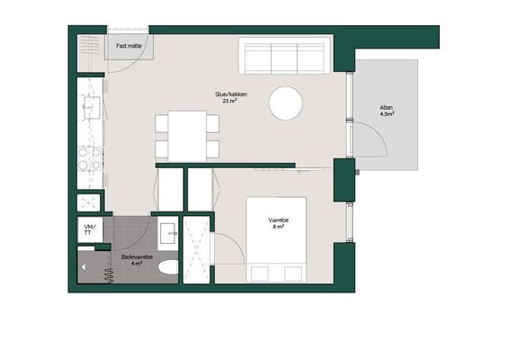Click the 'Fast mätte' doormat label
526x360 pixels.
click(x=129, y=46)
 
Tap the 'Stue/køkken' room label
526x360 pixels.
click(x=231, y=94)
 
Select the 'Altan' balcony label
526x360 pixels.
click(x=386, y=108)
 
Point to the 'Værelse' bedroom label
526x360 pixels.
click(x=279, y=220)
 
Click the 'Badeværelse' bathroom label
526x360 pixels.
click(x=137, y=256)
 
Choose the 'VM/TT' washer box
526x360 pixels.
click(x=90, y=229)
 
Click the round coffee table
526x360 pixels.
click(x=286, y=103)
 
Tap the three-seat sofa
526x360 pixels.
click(x=284, y=56)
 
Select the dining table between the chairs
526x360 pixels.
click(x=187, y=136)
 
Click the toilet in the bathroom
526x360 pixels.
click(x=168, y=267)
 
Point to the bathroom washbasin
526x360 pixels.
click(x=168, y=233)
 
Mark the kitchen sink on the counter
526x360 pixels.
click(x=92, y=107)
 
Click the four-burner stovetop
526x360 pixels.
click(x=89, y=158)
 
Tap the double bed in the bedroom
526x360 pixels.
click(x=276, y=239)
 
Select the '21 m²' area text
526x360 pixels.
click(x=230, y=101)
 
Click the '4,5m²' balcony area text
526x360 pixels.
click(x=387, y=113)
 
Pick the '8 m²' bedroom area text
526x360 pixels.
click(x=279, y=227)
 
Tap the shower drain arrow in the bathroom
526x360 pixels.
click(x=84, y=267)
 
